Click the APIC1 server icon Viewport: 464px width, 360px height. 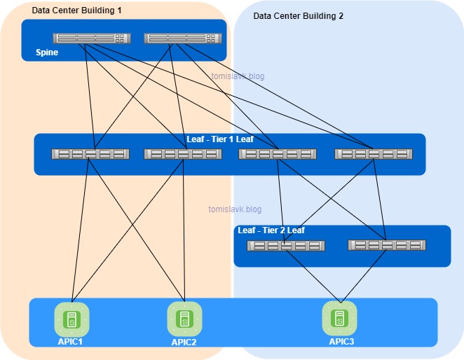pos(71,319)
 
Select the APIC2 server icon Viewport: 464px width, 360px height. pos(184,319)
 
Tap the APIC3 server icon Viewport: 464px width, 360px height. pos(339,318)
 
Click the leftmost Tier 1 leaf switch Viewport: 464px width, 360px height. pos(90,154)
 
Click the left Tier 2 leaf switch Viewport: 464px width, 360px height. pos(285,246)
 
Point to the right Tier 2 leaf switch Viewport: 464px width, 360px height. pos(387,245)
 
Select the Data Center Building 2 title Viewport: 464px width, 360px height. pos(298,15)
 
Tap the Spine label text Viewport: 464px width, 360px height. pos(47,53)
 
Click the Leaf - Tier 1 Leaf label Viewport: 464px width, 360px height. pos(219,139)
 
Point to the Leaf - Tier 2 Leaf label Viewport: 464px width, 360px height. pos(271,230)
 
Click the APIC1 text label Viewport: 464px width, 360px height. pos(71,342)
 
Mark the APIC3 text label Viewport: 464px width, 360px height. pos(341,342)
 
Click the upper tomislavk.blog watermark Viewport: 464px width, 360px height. pos(238,76)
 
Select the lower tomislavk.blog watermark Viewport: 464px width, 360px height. pos(235,209)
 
